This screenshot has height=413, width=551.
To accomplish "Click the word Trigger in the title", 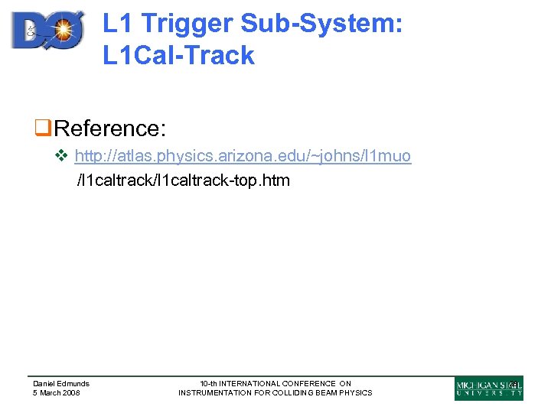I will (x=184, y=24).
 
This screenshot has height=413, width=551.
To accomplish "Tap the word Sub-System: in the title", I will (x=321, y=24).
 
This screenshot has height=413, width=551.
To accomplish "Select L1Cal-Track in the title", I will (x=178, y=55).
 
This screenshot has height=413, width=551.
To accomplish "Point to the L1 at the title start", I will (x=116, y=24).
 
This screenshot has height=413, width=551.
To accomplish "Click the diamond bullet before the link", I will (x=64, y=157).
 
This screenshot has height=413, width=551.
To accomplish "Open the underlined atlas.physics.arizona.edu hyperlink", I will (x=243, y=157).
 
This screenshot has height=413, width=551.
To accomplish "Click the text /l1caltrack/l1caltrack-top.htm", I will (x=183, y=181).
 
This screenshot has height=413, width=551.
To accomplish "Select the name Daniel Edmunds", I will (x=61, y=384).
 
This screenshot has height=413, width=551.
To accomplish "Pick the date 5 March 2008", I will (x=56, y=393).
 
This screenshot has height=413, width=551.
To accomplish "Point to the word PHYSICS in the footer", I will (x=355, y=393).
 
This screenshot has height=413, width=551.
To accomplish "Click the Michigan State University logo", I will (x=488, y=388).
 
